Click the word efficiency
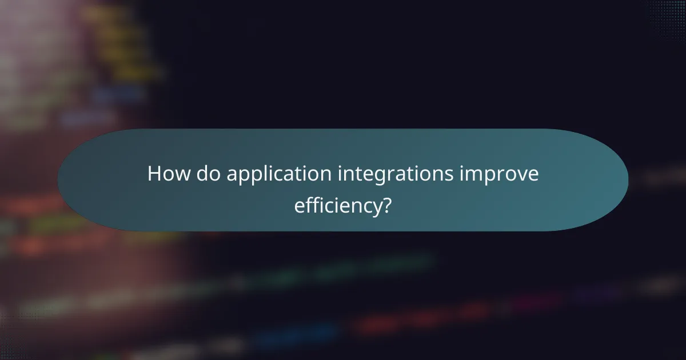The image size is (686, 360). tap(337, 205)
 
